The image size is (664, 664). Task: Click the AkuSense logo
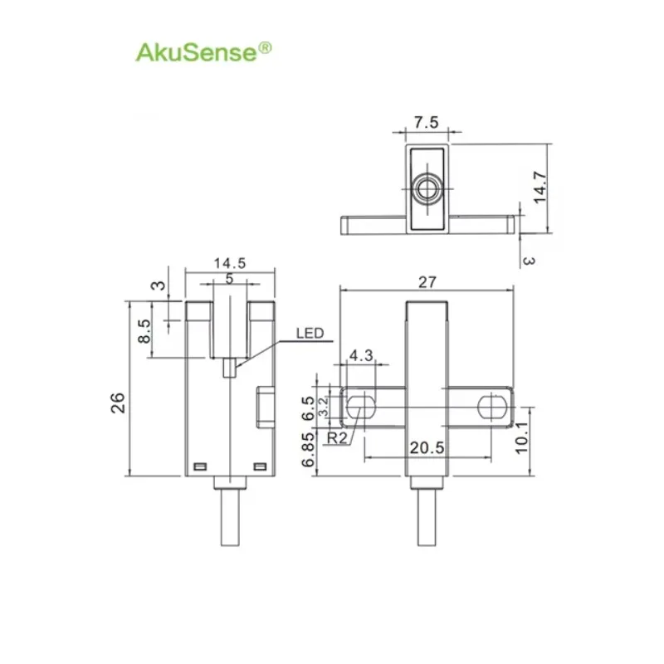203,52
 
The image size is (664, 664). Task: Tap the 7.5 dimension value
426,122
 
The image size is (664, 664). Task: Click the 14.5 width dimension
230,263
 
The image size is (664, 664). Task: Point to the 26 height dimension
118,403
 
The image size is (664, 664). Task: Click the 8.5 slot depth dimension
144,330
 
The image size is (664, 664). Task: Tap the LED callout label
310,334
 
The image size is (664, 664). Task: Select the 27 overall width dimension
427,282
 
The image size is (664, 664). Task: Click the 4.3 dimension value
361,355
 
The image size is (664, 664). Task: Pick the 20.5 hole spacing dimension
427,448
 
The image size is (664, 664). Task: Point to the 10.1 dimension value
521,437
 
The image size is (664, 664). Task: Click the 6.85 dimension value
308,449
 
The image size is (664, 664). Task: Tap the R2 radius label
337,438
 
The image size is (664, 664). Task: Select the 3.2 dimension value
323,407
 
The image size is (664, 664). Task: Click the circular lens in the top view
427,188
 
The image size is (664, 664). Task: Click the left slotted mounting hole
360,407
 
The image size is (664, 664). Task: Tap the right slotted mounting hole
491,407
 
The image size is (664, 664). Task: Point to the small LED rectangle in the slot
229,367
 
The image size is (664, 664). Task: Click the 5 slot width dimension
229,279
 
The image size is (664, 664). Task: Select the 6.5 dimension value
308,408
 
